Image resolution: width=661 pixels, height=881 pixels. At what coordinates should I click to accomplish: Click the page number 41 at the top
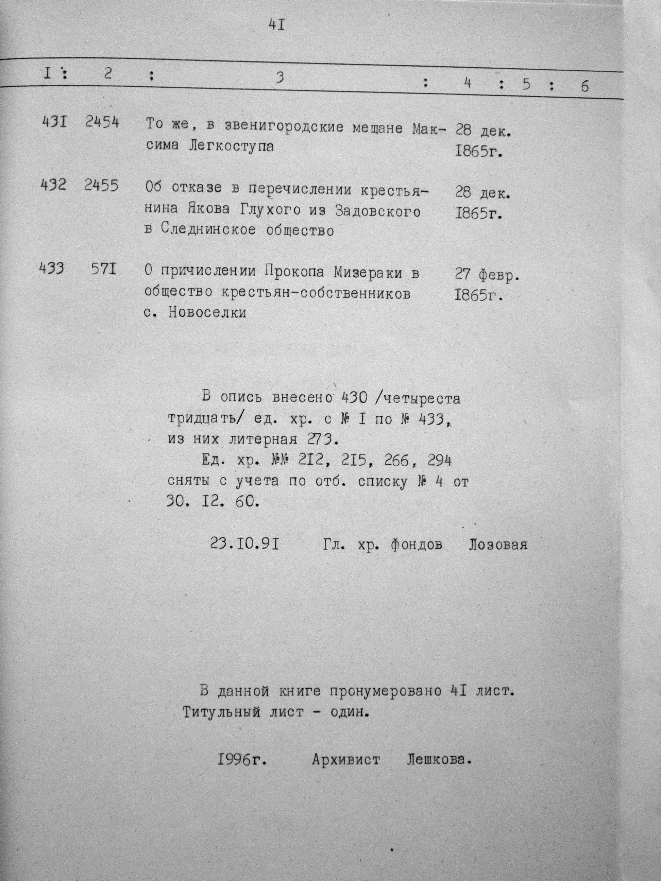[x=276, y=25]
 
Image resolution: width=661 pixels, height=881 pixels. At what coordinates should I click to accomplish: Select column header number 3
[x=280, y=77]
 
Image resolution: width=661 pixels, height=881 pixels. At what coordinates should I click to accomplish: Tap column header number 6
[x=584, y=86]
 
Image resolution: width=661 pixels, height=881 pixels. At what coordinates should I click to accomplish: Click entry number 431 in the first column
[x=54, y=122]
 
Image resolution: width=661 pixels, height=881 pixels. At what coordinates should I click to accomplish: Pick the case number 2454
[x=102, y=123]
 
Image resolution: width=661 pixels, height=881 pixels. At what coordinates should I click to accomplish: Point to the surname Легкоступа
[x=231, y=146]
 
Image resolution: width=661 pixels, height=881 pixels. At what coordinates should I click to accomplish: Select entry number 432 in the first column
[x=53, y=185]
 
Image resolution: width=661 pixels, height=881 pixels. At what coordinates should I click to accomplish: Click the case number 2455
[x=101, y=186]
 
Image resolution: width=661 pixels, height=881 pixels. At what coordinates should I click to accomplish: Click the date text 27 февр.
[x=487, y=274]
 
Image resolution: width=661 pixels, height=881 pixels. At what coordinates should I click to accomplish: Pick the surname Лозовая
[x=498, y=544]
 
